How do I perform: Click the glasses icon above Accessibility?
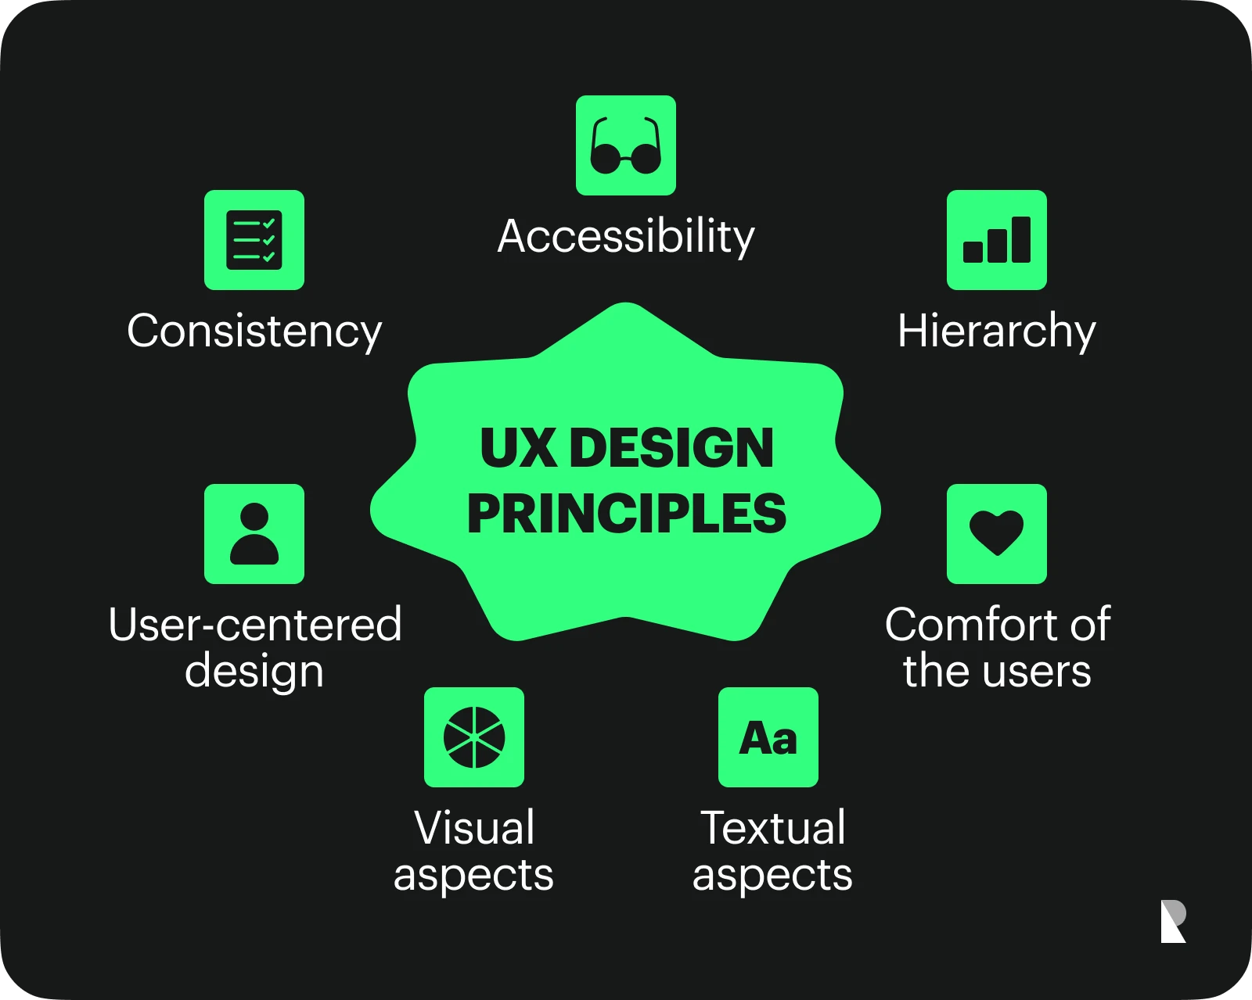626,145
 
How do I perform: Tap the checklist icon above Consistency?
254,240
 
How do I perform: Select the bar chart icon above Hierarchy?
997,240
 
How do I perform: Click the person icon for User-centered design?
254,534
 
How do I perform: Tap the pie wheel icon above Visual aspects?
474,737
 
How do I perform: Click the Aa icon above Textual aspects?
768,737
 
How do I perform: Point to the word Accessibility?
626,236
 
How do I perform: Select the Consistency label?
254,331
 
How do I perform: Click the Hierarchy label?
996,331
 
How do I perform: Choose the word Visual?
474,827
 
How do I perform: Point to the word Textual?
772,827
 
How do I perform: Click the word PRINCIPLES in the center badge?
626,514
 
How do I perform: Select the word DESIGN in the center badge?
671,449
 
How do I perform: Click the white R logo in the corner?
1173,921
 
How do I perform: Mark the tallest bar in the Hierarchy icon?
1021,239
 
